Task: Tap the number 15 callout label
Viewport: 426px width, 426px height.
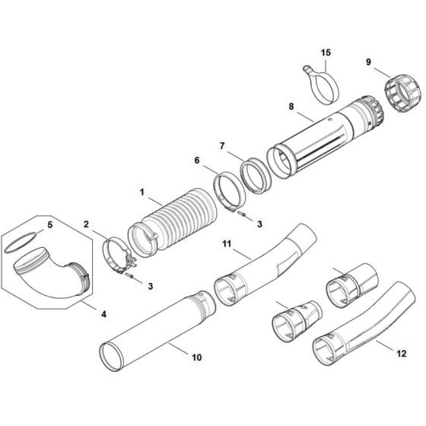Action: [326, 52]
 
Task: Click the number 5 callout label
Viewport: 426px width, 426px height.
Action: [50, 224]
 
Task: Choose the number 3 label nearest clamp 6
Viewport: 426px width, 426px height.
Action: [259, 224]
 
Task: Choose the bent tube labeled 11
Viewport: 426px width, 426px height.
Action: [266, 259]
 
